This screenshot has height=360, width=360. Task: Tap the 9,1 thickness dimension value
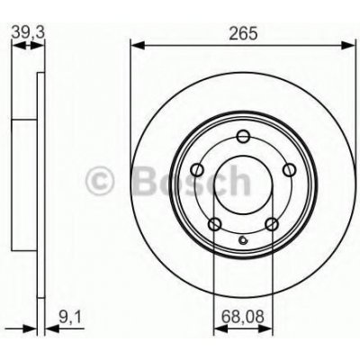[67, 316]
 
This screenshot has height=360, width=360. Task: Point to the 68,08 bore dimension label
[243, 316]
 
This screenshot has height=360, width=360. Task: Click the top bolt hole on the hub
[243, 137]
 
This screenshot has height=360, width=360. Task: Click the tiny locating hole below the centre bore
[243, 238]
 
